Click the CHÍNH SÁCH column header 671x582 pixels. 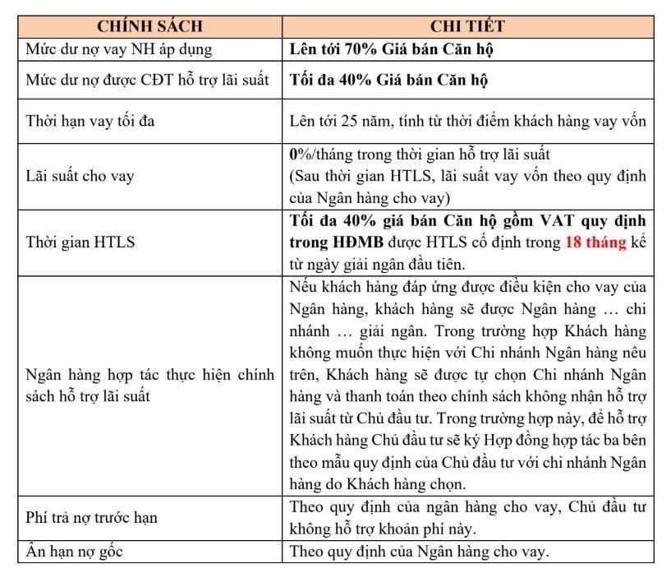(x=149, y=26)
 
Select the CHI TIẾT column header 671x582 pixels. (x=467, y=26)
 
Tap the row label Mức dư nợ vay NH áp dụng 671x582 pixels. (x=119, y=49)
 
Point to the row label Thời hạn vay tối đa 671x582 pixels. (x=90, y=122)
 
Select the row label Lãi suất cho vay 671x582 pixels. (x=83, y=176)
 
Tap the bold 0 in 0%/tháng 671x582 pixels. (x=294, y=155)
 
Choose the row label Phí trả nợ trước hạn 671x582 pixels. (x=90, y=518)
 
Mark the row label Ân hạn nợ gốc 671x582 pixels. (x=73, y=552)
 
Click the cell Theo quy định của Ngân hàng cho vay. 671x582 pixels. (x=419, y=552)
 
